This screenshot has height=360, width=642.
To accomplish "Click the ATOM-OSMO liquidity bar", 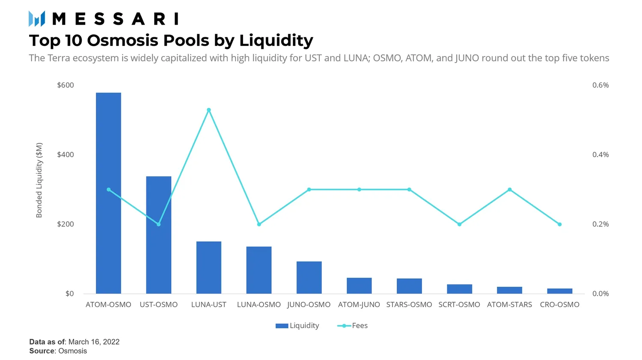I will [108, 193].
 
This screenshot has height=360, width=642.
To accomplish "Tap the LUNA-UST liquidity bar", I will [209, 267].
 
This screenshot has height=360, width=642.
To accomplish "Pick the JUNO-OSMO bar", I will [309, 277].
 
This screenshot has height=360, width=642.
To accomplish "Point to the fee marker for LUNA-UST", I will [209, 110].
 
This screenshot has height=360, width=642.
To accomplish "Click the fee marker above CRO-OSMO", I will [559, 224].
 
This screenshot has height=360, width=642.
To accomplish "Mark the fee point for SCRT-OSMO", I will [459, 224].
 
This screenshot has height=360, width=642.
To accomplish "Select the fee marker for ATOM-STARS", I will [509, 190].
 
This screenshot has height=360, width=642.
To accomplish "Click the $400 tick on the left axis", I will [65, 155].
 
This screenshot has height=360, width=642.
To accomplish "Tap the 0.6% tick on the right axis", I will [600, 85].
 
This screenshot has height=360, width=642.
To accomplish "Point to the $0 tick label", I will [69, 294].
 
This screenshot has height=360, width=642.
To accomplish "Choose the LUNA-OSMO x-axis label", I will [259, 305].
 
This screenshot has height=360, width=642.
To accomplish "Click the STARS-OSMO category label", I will [409, 305].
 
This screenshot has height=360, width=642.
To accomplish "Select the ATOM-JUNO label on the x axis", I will [359, 305].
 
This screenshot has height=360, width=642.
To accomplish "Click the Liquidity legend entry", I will [298, 326].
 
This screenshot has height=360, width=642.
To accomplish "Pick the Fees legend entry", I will [353, 326].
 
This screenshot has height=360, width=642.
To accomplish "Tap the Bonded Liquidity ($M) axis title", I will [39, 180].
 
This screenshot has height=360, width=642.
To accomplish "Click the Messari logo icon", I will [37, 19].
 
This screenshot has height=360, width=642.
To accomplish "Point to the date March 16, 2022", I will [94, 342].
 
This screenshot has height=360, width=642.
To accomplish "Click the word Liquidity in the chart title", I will [276, 41].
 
